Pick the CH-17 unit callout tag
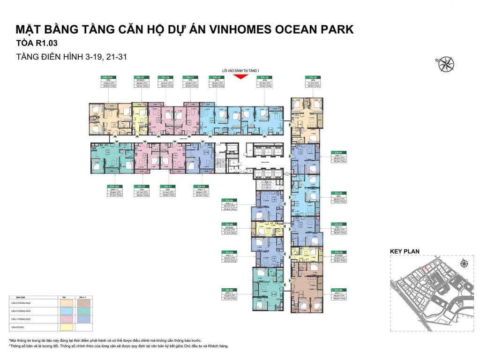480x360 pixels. [190, 82]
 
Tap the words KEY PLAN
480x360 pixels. [405, 251]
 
